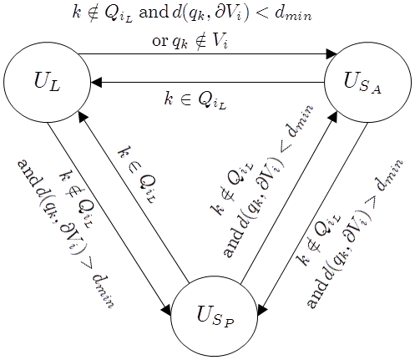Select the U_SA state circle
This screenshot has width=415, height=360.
367,82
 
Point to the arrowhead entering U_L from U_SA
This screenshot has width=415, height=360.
96,83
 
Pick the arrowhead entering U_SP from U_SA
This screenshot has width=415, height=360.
261,310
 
